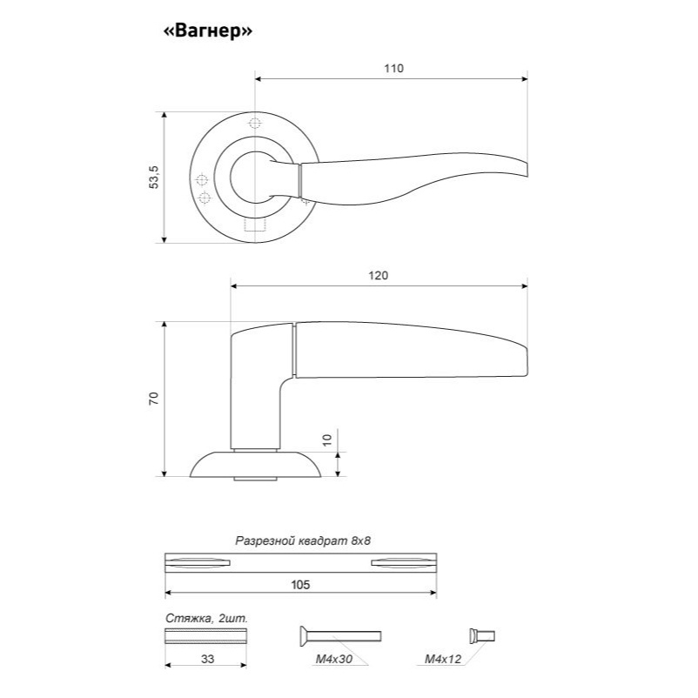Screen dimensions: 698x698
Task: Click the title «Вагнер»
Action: (x=208, y=31)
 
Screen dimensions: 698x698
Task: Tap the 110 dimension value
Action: (x=393, y=68)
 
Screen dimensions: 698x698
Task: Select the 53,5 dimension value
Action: (x=153, y=177)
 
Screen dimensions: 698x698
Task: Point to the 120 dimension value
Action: (x=378, y=276)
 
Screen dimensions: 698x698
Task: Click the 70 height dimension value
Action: (x=153, y=398)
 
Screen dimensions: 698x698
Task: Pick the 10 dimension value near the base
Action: (x=327, y=440)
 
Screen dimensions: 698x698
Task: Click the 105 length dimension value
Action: (x=300, y=585)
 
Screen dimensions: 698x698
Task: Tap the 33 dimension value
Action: (x=207, y=659)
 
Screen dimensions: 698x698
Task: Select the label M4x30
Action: (x=334, y=659)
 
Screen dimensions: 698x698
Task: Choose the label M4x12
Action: (x=443, y=659)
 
